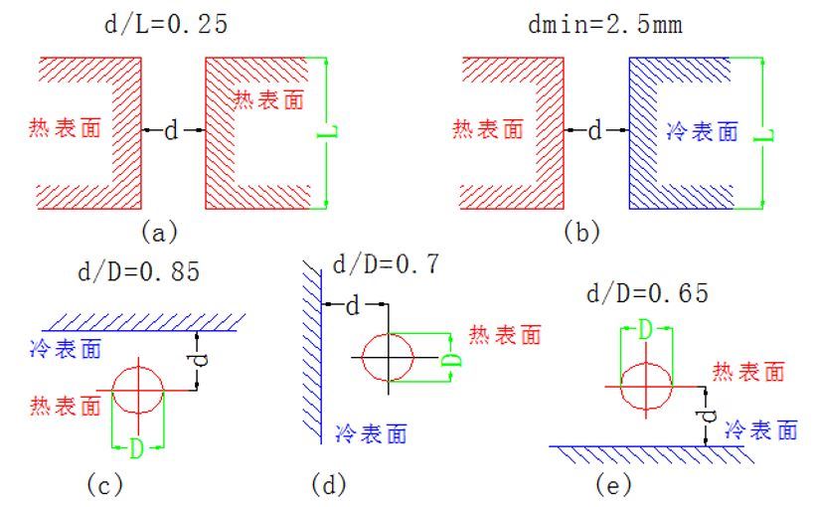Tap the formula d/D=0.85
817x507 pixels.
pyautogui.click(x=139, y=270)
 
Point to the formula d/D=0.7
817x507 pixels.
pyautogui.click(x=385, y=263)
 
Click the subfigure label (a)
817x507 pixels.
pyautogui.click(x=159, y=232)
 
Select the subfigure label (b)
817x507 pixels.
pyautogui.click(x=581, y=232)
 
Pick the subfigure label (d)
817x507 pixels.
pyautogui.click(x=328, y=485)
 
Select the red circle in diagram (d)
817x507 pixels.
pyautogui.click(x=388, y=356)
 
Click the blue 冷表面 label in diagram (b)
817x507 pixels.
pyautogui.click(x=702, y=132)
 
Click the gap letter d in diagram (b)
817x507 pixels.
pyautogui.click(x=594, y=130)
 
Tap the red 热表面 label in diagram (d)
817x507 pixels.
pyautogui.click(x=505, y=335)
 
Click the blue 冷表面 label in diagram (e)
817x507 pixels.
pyautogui.click(x=761, y=430)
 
